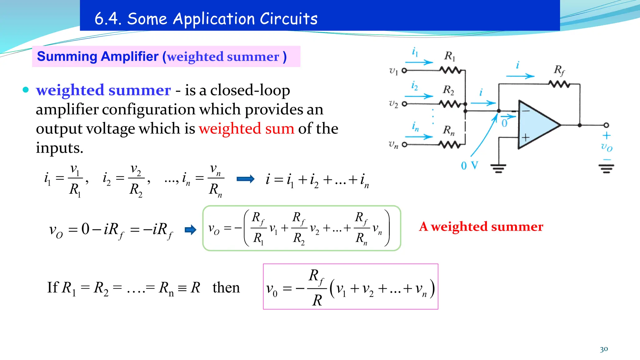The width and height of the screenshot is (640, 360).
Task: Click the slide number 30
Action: pyautogui.click(x=604, y=349)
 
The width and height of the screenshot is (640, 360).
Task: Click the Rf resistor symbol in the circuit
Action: pyautogui.click(x=559, y=84)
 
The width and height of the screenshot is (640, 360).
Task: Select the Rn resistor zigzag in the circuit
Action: pyautogui.click(x=449, y=144)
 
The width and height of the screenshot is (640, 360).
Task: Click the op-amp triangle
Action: pyautogui.click(x=536, y=125)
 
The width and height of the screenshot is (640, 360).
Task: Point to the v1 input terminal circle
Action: pyautogui.click(x=404, y=70)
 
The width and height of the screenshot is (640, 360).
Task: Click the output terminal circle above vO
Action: pyautogui.click(x=606, y=125)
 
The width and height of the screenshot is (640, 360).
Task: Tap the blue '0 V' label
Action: pyautogui.click(x=469, y=165)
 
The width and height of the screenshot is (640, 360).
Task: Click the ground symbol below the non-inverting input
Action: pyautogui.click(x=498, y=168)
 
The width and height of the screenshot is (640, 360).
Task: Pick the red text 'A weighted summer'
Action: pyautogui.click(x=481, y=227)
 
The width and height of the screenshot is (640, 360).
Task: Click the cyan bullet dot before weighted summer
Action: pyautogui.click(x=26, y=90)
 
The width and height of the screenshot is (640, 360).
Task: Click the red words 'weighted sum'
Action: pyautogui.click(x=246, y=128)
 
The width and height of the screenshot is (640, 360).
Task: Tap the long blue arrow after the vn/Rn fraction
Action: pyautogui.click(x=246, y=179)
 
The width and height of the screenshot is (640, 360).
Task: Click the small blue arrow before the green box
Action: pyautogui.click(x=190, y=230)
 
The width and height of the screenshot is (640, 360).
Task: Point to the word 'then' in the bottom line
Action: pyautogui.click(x=226, y=287)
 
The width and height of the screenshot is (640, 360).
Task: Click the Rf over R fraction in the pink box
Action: pyautogui.click(x=317, y=288)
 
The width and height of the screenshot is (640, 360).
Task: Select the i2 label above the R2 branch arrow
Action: pyautogui.click(x=414, y=85)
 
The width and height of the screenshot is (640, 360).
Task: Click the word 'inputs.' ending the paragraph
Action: pyautogui.click(x=59, y=148)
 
